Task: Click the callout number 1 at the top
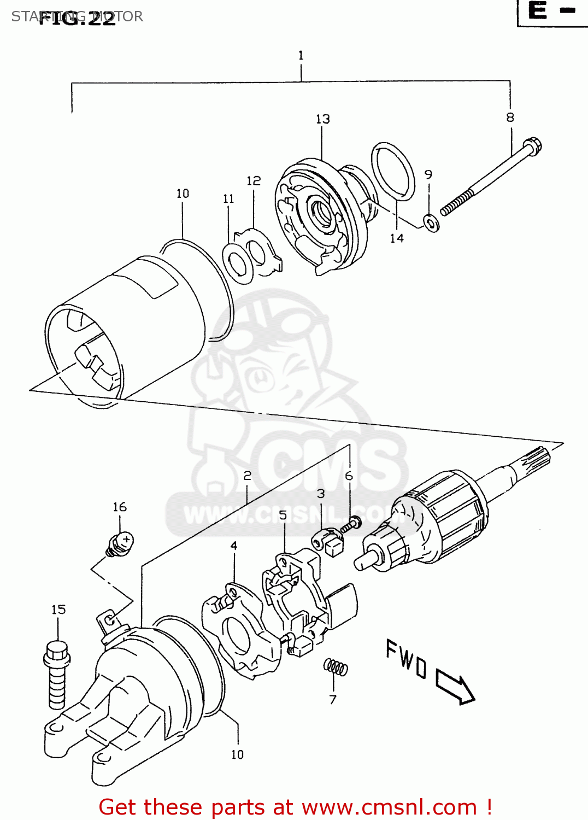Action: point(301,55)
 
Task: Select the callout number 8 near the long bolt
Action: point(510,117)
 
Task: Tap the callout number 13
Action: point(322,119)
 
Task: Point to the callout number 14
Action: point(397,238)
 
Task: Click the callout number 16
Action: point(120,507)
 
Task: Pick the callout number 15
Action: point(58,610)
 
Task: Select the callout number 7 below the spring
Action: point(333,699)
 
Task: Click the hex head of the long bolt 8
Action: point(532,146)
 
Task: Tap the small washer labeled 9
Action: point(431,223)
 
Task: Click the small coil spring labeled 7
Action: point(335,667)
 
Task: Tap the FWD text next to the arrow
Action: point(406,659)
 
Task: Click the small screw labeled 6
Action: point(351,525)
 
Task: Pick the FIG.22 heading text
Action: point(77,18)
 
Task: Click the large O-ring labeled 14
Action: point(393,171)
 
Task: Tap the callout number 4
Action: point(234,546)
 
